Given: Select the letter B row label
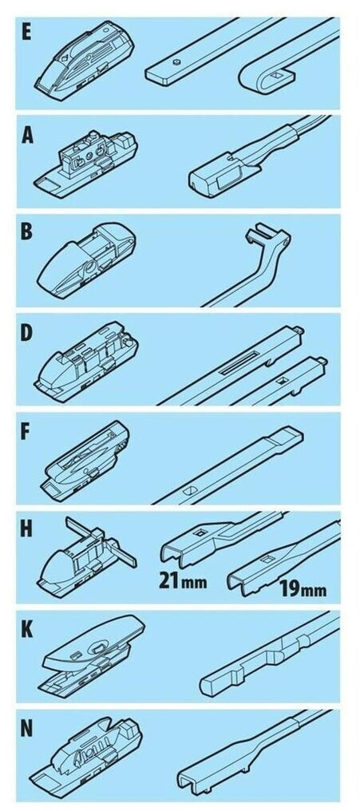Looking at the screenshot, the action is [26, 231].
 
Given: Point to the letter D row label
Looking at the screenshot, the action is [26, 332].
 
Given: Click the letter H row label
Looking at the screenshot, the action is [27, 530].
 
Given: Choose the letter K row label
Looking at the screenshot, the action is [27, 630].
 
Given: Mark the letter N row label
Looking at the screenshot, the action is [27, 729].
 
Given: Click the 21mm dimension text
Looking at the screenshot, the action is [183, 581].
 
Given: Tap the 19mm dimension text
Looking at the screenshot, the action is [303, 588].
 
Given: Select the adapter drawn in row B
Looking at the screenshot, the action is [87, 261].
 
